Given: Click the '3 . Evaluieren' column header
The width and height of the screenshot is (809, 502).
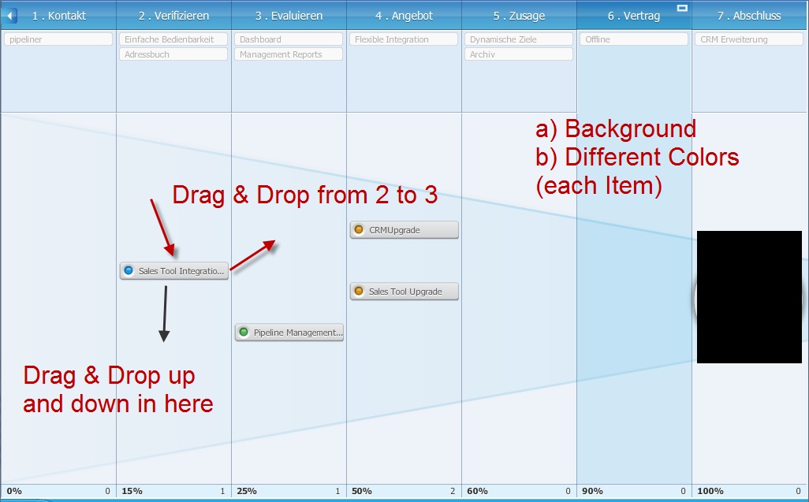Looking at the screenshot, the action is pyautogui.click(x=289, y=16).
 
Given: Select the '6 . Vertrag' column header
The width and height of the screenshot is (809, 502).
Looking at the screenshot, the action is pyautogui.click(x=634, y=16).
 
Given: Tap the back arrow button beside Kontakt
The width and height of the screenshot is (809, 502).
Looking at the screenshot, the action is pyautogui.click(x=9, y=16).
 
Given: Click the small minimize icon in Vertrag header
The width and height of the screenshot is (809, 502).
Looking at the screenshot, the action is pyautogui.click(x=682, y=8).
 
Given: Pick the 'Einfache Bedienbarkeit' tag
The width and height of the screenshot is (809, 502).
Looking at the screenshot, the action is pyautogui.click(x=173, y=39).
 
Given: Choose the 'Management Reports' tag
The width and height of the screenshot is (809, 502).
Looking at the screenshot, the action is pyautogui.click(x=289, y=54).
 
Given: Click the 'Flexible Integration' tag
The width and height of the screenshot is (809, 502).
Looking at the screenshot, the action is pyautogui.click(x=404, y=39).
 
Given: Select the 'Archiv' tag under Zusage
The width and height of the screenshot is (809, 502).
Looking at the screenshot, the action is pyautogui.click(x=519, y=54).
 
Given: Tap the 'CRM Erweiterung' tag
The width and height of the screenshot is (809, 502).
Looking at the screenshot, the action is pyautogui.click(x=748, y=39).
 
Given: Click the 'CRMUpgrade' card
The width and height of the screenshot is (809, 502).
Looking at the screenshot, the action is pyautogui.click(x=404, y=230).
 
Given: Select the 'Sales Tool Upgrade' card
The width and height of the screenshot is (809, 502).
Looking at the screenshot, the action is pyautogui.click(x=404, y=292).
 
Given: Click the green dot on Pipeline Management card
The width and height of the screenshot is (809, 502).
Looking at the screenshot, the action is pyautogui.click(x=244, y=332).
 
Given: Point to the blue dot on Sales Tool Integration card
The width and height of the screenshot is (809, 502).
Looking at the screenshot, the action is pyautogui.click(x=129, y=270).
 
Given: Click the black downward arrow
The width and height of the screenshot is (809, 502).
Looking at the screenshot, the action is pyautogui.click(x=165, y=314).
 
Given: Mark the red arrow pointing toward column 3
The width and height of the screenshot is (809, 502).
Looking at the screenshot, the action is pyautogui.click(x=252, y=255).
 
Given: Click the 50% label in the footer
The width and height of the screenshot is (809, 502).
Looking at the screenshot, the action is pyautogui.click(x=362, y=491).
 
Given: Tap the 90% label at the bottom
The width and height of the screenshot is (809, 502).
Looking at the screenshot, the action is pyautogui.click(x=592, y=491).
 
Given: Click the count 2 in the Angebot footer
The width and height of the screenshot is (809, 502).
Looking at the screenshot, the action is pyautogui.click(x=453, y=491).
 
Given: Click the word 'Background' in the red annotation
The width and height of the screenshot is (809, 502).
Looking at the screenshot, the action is pyautogui.click(x=631, y=128).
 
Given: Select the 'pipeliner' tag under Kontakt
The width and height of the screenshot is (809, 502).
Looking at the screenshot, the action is pyautogui.click(x=58, y=39).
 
